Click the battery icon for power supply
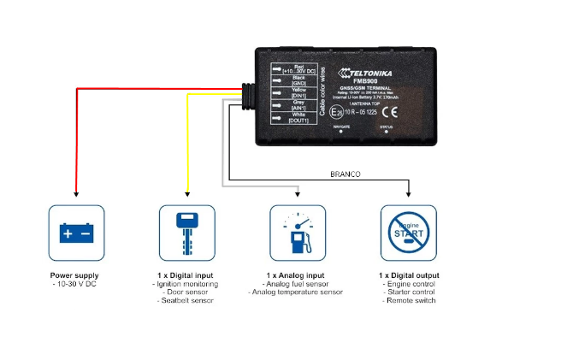(x=76, y=232)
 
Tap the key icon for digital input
(x=187, y=232)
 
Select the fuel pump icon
(x=298, y=232)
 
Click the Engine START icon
(x=408, y=232)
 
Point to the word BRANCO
(x=345, y=174)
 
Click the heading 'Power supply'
(x=75, y=275)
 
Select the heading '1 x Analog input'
(x=296, y=275)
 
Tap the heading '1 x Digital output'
(x=408, y=275)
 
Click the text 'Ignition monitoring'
(x=186, y=284)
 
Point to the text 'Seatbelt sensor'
(x=186, y=300)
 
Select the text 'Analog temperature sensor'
(x=296, y=292)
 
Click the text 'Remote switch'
(x=409, y=300)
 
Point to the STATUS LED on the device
(x=387, y=131)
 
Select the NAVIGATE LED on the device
(x=342, y=131)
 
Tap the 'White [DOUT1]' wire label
(x=298, y=117)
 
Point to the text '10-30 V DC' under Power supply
(x=75, y=284)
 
